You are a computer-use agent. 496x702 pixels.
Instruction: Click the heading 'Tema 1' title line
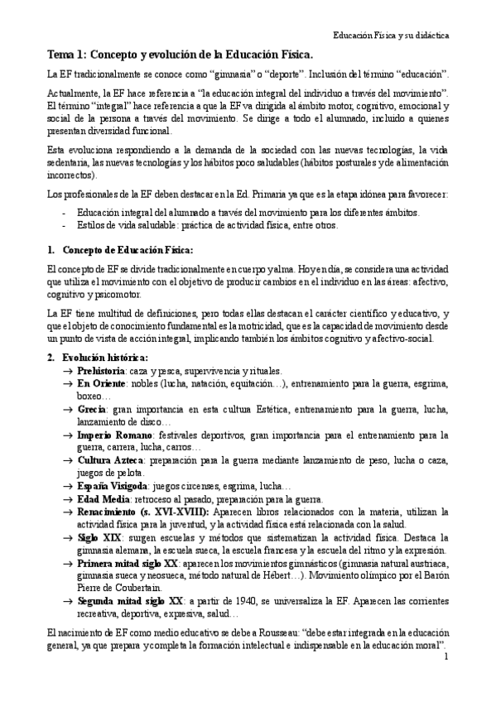181,55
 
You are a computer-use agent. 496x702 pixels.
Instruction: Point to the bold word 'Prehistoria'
104,370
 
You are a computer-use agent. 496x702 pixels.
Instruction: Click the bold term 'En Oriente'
102,384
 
